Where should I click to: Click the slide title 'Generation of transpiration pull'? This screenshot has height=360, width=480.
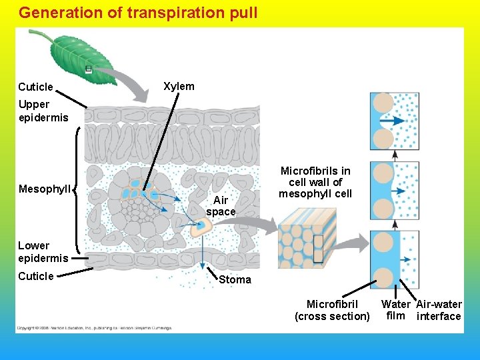[138, 13]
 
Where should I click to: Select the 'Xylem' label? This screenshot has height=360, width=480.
[179, 86]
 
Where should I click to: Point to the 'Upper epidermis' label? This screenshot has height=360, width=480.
[43, 111]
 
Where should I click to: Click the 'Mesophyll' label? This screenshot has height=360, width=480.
[43, 189]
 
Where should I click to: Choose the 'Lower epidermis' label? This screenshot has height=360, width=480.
[43, 251]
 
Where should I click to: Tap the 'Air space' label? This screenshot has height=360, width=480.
[221, 206]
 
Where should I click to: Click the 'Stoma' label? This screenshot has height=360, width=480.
[235, 279]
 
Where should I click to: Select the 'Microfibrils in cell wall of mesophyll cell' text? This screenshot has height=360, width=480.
[315, 182]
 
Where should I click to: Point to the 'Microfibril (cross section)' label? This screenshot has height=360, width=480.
[332, 310]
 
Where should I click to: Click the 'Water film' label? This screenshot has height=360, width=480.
[395, 310]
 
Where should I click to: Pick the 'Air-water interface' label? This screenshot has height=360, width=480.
[439, 310]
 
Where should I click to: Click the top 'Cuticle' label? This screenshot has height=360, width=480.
[35, 87]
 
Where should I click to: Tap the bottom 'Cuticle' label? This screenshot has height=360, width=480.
[35, 276]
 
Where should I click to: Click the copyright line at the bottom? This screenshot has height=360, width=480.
[93, 328]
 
